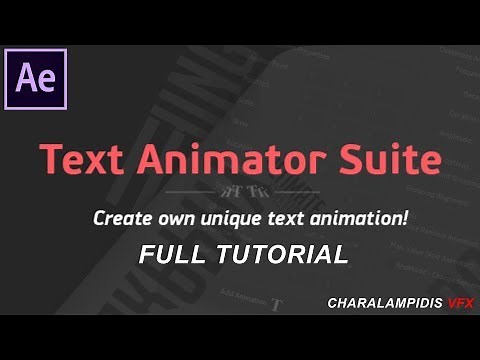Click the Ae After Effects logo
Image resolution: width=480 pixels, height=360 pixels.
tap(35, 78)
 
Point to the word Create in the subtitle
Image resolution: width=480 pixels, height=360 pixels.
tap(121, 218)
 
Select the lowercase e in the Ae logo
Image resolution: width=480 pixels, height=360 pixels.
tap(46, 81)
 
